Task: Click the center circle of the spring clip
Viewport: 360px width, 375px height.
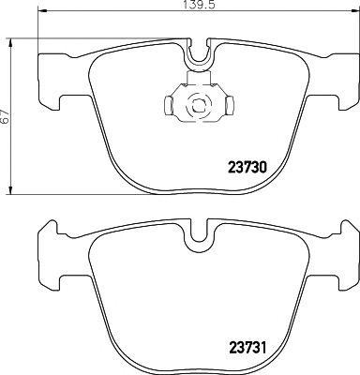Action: click(197, 105)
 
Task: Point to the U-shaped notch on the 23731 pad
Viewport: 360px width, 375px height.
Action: click(197, 246)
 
